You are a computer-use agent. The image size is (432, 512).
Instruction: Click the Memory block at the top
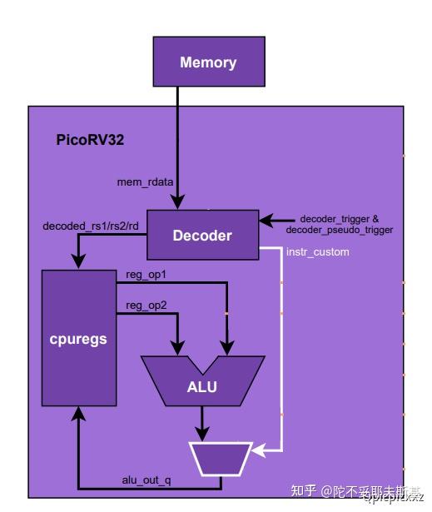coord(208,62)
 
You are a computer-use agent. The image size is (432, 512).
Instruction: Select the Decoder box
coord(201,236)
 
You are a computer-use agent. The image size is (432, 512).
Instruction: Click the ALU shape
coord(202,385)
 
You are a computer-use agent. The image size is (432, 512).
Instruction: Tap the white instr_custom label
coord(317,251)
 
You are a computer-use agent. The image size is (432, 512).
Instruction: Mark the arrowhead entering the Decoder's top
coord(178,202)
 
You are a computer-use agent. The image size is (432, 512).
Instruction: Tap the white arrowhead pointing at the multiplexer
coord(259,453)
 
